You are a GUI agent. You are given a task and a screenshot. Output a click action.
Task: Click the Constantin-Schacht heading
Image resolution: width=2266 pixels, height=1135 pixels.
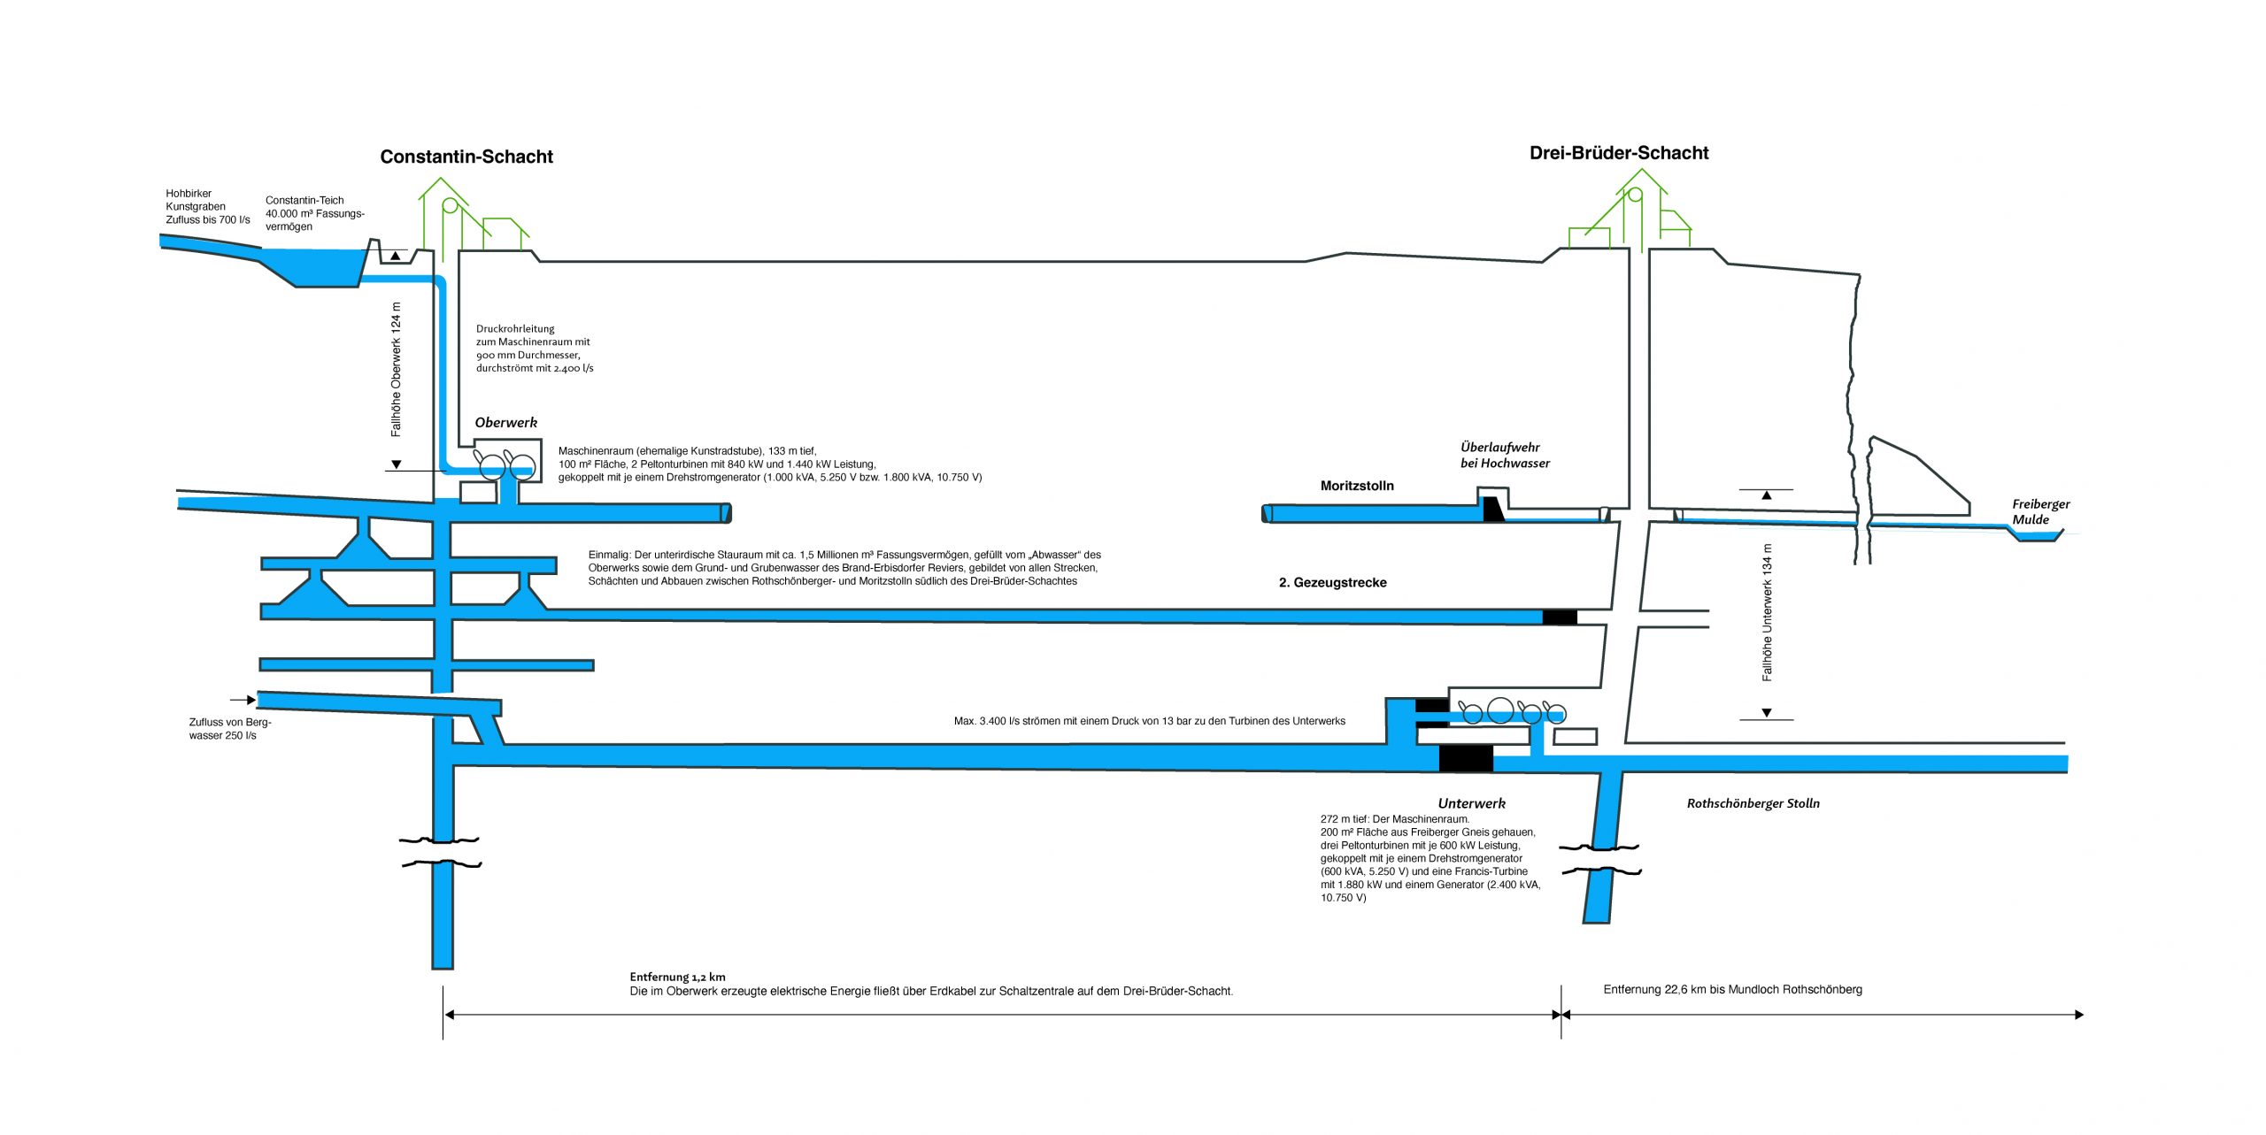(x=466, y=157)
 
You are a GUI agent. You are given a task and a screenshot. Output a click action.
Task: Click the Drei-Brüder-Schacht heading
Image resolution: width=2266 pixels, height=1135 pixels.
(x=1618, y=153)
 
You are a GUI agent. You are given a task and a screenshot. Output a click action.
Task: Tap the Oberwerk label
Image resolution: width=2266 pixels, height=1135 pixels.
(x=505, y=423)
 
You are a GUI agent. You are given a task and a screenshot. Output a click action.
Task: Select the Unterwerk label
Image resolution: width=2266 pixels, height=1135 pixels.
(x=1471, y=803)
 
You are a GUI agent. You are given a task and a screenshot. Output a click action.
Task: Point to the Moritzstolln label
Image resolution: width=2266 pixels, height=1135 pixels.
(x=1356, y=486)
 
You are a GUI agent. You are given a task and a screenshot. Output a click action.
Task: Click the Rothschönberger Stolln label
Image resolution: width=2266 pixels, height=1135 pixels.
(x=1753, y=803)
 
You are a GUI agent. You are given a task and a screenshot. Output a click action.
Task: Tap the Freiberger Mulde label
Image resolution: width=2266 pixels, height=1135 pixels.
(x=2039, y=511)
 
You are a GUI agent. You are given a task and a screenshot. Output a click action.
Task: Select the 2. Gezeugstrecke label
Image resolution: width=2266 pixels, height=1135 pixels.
(x=1332, y=583)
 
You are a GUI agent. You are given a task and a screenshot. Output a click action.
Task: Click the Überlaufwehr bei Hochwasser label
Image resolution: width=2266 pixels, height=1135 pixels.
(x=1504, y=455)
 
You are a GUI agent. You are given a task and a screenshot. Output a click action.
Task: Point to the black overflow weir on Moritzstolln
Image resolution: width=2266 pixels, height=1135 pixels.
(x=1492, y=509)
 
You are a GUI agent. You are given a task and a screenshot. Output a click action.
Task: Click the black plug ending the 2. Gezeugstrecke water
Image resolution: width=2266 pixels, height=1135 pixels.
(x=1559, y=617)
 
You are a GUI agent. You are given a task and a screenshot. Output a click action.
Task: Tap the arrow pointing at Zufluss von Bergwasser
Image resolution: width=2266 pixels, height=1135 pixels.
(x=243, y=700)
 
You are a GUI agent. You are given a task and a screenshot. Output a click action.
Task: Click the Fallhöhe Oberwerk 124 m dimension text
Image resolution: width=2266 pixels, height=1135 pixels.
(x=396, y=369)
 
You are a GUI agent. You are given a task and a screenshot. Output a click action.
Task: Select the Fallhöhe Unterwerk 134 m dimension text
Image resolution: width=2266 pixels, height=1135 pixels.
(x=1767, y=612)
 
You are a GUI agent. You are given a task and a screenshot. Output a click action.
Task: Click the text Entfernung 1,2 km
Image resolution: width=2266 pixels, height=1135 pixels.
(x=677, y=977)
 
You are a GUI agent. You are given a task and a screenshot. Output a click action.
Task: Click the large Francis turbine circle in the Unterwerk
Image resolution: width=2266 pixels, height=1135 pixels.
(x=1499, y=709)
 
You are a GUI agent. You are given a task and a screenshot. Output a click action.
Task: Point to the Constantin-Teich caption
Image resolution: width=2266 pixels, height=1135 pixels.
(x=314, y=213)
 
